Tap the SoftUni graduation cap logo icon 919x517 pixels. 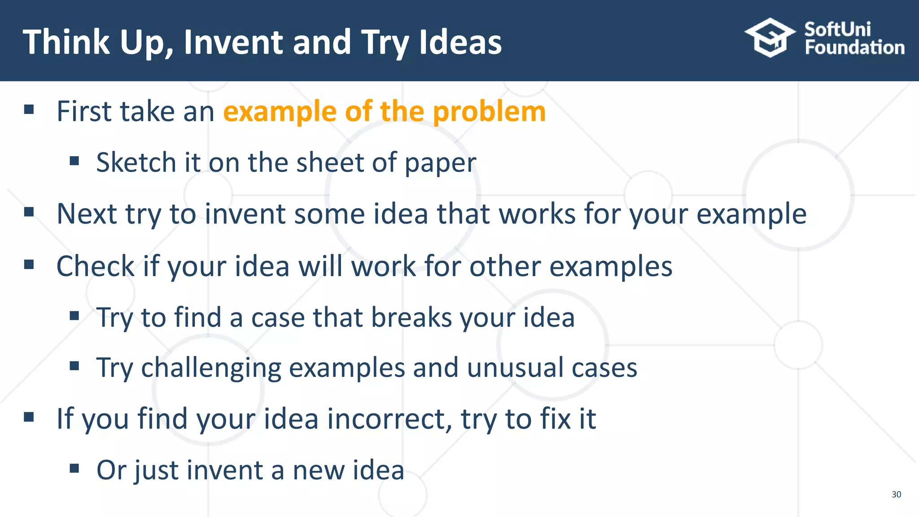770,38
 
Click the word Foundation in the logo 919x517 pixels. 854,48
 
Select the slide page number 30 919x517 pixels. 896,494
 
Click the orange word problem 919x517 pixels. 489,112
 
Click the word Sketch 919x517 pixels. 136,162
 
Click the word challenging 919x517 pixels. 211,368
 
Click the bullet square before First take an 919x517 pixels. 29,110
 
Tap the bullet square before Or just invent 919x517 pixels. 74,469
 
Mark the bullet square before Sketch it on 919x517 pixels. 74,161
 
